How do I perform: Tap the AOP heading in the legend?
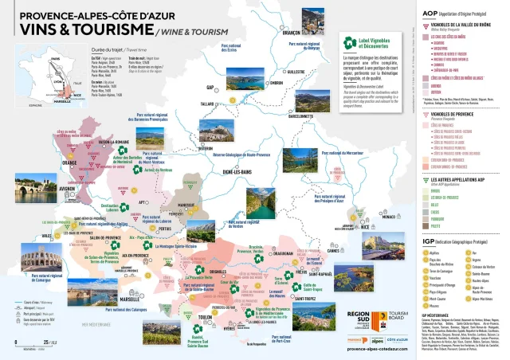click(428, 14)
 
